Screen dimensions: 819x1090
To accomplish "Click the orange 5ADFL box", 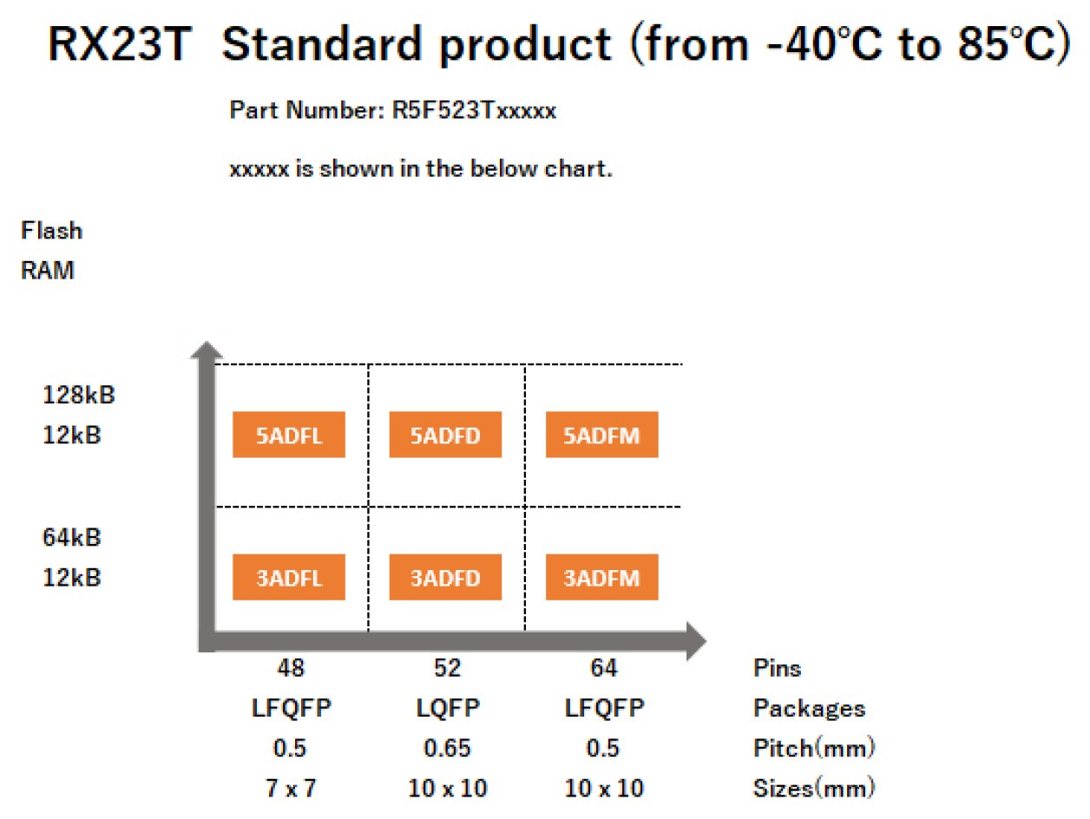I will click(x=289, y=435).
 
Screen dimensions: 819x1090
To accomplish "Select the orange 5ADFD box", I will click(x=445, y=435).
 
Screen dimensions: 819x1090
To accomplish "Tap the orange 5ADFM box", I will click(x=601, y=435).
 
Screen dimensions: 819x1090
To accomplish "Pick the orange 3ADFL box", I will click(x=289, y=578).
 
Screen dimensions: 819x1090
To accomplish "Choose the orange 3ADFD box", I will click(x=445, y=578).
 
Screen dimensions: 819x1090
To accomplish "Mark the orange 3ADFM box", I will click(x=601, y=578).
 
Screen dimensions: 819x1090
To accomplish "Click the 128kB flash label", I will click(x=79, y=395).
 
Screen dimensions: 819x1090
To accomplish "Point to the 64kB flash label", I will click(x=72, y=537).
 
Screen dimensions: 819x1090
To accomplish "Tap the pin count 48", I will click(x=291, y=668).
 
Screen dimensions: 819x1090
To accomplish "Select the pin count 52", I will click(x=447, y=668).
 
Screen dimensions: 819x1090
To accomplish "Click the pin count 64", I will click(x=603, y=668).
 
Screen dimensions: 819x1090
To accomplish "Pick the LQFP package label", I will click(x=447, y=708).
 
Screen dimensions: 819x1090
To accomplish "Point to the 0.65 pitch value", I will click(x=447, y=748).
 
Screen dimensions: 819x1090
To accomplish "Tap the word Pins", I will click(x=777, y=668).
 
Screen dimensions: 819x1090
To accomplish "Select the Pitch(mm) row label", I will click(x=813, y=748).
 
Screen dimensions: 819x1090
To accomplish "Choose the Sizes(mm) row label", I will click(x=814, y=788).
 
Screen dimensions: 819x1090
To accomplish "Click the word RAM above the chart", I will click(x=48, y=271).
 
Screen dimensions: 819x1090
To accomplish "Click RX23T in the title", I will click(x=119, y=45).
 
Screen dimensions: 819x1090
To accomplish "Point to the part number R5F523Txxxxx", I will click(x=475, y=111).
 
